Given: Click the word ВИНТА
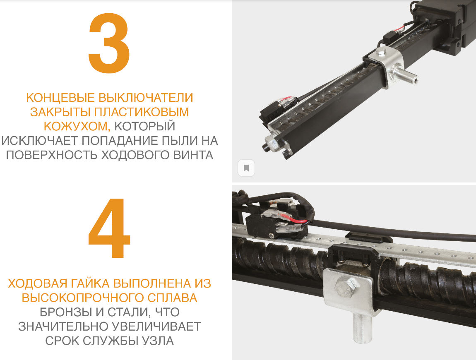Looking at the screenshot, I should [x=193, y=155].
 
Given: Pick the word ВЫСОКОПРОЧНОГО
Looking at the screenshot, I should [x=83, y=298].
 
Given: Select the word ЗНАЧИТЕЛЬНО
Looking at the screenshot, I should [x=63, y=326].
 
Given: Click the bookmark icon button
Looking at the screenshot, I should [x=246, y=168].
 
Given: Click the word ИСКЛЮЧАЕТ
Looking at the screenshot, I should [x=39, y=141].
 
